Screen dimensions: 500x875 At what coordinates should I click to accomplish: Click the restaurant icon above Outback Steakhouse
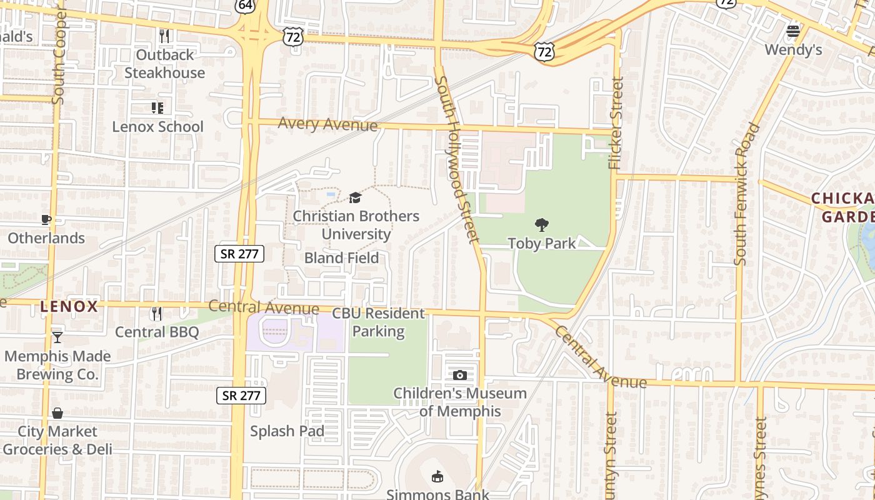click(x=164, y=36)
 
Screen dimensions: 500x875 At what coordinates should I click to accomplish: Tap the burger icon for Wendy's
click(x=793, y=31)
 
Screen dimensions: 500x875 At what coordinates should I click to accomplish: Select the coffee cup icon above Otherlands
click(x=46, y=219)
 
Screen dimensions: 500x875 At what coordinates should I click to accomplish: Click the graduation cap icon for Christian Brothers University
click(x=355, y=198)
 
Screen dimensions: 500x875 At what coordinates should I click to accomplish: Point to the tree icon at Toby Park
click(x=542, y=225)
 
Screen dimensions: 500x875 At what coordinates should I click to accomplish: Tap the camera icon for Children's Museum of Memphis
click(x=459, y=375)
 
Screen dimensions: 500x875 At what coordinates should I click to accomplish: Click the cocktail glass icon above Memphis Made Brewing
click(x=57, y=337)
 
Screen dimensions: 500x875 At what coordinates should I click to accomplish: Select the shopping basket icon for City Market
click(x=57, y=413)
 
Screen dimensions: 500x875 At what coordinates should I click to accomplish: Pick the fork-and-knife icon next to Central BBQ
click(x=156, y=313)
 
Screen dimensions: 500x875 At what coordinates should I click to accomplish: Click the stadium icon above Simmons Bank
click(x=437, y=477)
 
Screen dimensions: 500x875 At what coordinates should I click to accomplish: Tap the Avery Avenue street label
click(x=327, y=124)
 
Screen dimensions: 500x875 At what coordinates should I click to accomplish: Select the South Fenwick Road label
click(x=747, y=194)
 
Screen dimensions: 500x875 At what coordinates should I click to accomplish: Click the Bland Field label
click(x=341, y=258)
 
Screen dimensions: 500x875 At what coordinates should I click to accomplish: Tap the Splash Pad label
click(x=287, y=431)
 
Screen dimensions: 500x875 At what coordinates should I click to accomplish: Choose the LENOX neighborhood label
click(x=69, y=307)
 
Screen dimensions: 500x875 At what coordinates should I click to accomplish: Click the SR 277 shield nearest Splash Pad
click(x=242, y=395)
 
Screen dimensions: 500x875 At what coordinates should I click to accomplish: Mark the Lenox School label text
click(x=157, y=127)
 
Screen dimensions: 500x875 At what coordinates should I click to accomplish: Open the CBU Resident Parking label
click(x=378, y=322)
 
